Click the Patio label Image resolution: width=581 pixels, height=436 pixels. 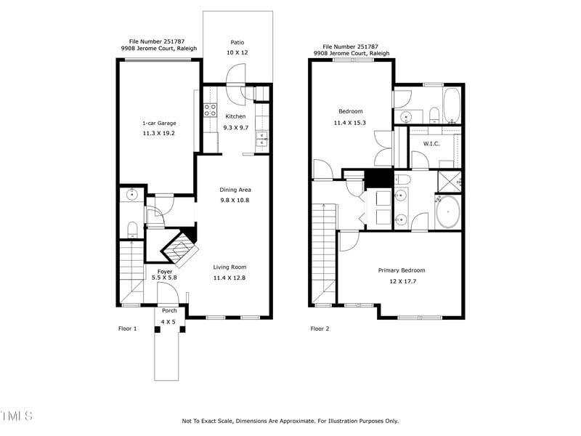click(237, 42)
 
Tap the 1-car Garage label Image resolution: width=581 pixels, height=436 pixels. click(159, 123)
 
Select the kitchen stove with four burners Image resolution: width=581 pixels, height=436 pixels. click(211, 110)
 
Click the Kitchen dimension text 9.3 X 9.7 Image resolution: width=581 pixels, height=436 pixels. click(235, 128)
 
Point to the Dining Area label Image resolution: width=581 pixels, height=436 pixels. click(235, 190)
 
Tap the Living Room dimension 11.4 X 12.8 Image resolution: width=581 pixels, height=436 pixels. click(229, 278)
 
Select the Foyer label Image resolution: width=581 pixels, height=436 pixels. click(165, 272)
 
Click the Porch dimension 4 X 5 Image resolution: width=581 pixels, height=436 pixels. click(168, 322)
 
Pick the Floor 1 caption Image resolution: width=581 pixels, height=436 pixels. click(128, 328)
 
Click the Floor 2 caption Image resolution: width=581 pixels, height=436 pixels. click(320, 328)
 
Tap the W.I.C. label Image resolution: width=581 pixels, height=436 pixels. click(431, 143)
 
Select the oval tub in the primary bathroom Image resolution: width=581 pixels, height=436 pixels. click(448, 211)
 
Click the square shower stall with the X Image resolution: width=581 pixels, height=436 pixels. click(450, 182)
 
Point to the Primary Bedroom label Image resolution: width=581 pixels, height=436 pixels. click(402, 270)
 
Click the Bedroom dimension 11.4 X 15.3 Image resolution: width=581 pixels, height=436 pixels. click(350, 123)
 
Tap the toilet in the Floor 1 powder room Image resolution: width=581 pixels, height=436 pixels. click(133, 230)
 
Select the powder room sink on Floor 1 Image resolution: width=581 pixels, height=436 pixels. click(131, 194)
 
